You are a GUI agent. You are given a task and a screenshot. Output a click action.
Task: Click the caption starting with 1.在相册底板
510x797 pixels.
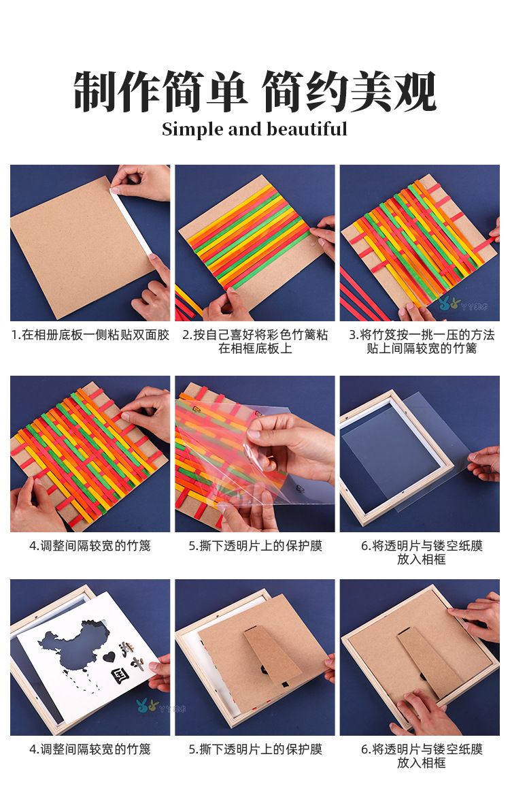(x=90, y=335)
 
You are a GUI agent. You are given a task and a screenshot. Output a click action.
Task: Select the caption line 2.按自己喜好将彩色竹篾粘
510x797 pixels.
(x=255, y=335)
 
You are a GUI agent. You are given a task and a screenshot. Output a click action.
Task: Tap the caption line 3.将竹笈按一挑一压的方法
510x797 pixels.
(x=421, y=335)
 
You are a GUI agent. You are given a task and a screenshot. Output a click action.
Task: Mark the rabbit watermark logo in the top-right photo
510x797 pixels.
(x=449, y=304)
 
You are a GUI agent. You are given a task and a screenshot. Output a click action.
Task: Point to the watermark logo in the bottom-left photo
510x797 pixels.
(x=147, y=706)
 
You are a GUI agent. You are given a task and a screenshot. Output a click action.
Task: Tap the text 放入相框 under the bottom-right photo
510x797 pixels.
(x=422, y=762)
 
